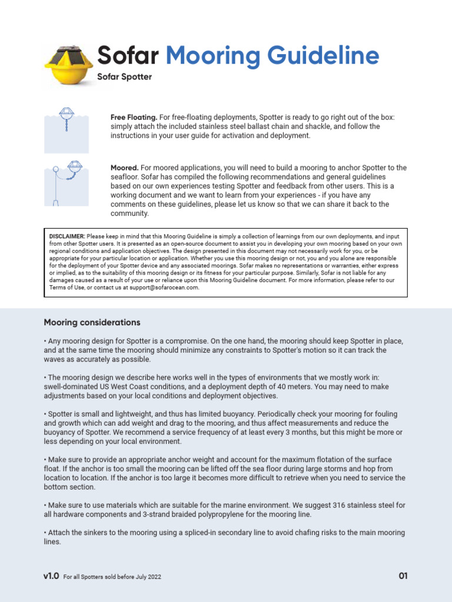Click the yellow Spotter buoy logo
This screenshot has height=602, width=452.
[68, 65]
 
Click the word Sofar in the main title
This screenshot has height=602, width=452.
[128, 56]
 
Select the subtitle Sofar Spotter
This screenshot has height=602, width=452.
[124, 77]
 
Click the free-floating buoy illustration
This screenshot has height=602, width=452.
[67, 129]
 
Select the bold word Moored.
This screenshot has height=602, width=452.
[124, 168]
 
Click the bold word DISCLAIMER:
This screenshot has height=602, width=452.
[67, 236]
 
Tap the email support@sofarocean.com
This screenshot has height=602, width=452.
[167, 287]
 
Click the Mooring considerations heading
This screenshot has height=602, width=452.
[92, 322]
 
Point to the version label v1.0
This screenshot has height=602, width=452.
[51, 576]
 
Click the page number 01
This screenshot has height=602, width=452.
[403, 576]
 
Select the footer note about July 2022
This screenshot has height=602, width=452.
[112, 577]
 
